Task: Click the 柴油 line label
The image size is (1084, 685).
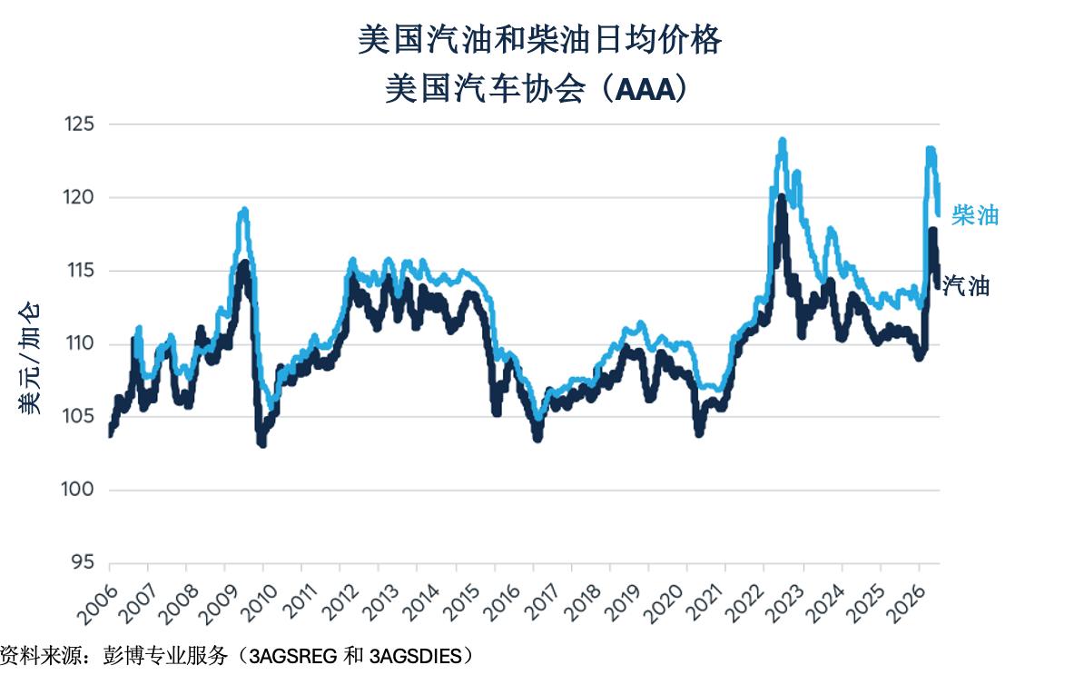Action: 975,215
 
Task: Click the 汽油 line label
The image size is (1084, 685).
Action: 966,285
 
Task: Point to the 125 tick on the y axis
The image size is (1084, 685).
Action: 79,124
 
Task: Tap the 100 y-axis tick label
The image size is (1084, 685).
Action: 77,489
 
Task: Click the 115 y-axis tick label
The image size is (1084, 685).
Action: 80,271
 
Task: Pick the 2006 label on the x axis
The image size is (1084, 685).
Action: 97,604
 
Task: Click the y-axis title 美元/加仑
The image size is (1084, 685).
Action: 30,359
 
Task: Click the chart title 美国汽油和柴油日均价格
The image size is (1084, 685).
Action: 540,40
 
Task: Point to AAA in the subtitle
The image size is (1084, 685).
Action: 644,90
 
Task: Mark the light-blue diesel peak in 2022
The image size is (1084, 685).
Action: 783,141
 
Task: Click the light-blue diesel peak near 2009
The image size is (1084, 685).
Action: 243,211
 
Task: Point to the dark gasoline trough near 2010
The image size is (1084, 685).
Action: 262,442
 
